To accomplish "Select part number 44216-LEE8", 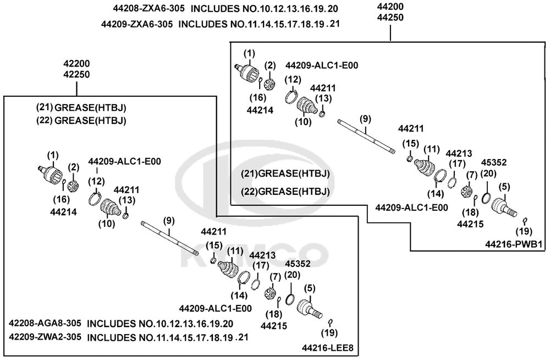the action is point(328,348).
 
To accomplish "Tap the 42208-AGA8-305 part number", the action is point(45,323).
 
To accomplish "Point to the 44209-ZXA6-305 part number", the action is point(137,24).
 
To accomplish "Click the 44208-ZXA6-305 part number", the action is point(148,9).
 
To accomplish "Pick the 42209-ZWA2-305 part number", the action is point(45,337).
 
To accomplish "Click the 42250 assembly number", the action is point(76,74).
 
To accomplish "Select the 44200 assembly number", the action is point(390,6).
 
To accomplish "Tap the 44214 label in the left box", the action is point(63,212).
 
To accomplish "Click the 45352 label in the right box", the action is point(493,162).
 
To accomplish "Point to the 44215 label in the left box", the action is point(273,326).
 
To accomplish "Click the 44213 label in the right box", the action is point(459,154).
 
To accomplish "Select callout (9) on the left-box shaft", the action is point(169,221).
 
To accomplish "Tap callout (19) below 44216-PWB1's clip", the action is point(524,231).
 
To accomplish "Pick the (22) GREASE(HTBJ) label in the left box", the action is point(81,121).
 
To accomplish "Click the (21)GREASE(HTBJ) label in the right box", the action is point(285,173).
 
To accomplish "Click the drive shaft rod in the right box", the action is point(366,137).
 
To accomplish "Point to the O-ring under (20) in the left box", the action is point(289,299).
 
